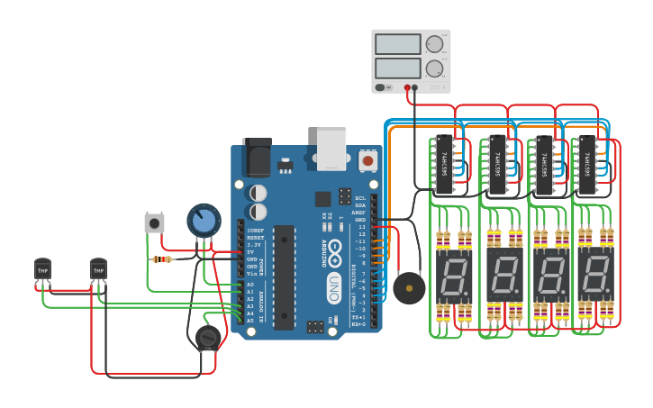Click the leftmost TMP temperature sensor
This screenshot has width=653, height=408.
(x=42, y=269)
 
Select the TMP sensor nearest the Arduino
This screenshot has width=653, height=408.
(x=98, y=269)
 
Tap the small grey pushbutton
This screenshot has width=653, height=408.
(x=154, y=222)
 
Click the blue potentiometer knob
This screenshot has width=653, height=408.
(x=204, y=220)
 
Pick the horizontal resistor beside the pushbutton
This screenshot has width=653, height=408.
(x=162, y=259)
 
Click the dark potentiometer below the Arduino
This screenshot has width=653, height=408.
(x=208, y=338)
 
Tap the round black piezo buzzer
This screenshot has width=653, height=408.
(x=409, y=288)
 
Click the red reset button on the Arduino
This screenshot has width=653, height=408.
(x=367, y=160)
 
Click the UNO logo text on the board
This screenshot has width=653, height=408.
(x=333, y=287)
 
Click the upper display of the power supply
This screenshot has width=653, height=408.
(x=398, y=44)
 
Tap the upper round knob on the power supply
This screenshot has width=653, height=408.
(x=435, y=44)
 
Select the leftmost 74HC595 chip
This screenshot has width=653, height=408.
(x=443, y=165)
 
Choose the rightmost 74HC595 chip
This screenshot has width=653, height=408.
(x=585, y=165)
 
